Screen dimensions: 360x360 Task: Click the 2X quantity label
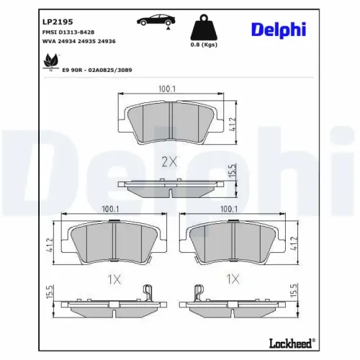[x=169, y=162]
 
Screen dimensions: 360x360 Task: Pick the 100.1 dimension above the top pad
[x=168, y=89]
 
